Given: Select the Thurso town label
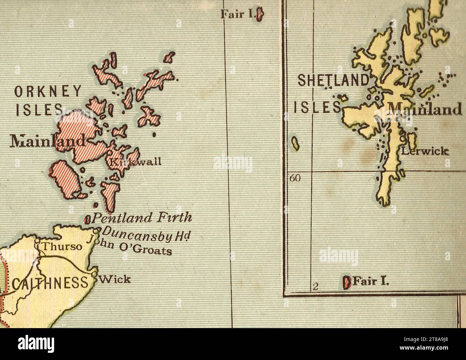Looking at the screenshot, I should point(62,247).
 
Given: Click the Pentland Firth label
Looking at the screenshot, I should point(142,217).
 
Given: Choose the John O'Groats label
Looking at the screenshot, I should point(131,246).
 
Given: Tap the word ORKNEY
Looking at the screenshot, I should point(48,92).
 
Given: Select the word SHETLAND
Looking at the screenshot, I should point(333,80).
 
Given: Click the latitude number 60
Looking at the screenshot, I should point(295,178).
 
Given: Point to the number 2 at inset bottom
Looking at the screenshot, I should point(315,286).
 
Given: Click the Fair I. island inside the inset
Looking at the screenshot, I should point(347,282).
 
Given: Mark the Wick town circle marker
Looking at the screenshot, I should point(94,275).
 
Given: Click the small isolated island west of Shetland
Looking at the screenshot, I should point(295,143).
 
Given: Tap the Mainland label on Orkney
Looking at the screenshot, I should point(48,141).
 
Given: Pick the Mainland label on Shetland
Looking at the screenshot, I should point(425,109).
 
